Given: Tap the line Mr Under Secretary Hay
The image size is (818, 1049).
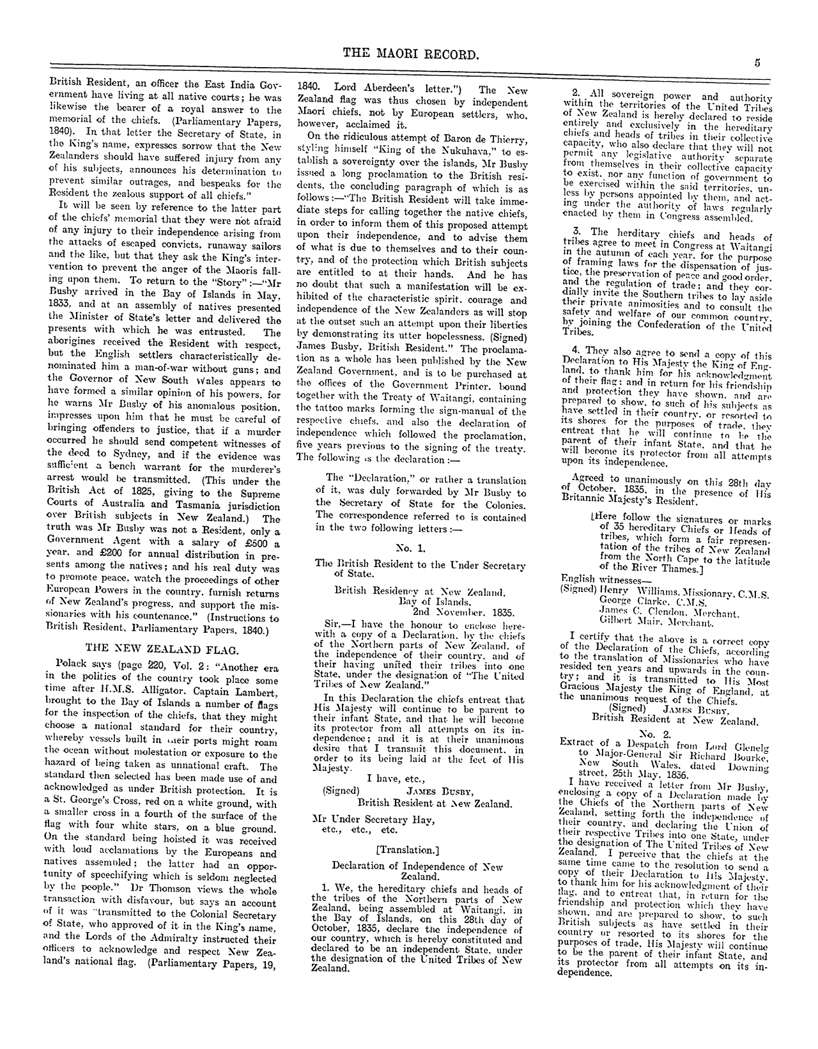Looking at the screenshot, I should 362,819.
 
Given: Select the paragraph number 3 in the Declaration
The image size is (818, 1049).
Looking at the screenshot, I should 575,232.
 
